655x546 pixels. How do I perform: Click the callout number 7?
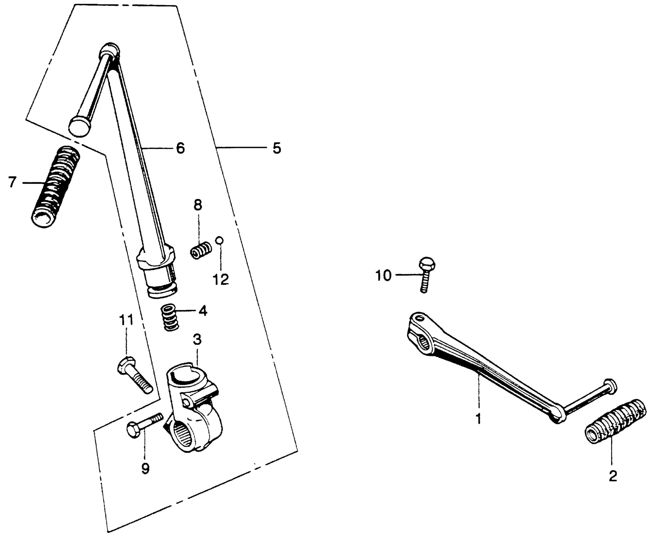click(x=12, y=182)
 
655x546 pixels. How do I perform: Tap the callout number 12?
click(x=221, y=279)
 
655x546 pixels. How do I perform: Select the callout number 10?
click(x=384, y=275)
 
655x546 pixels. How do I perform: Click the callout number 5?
click(x=276, y=148)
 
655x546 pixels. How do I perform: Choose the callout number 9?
click(x=145, y=469)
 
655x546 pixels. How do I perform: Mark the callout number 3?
click(x=197, y=339)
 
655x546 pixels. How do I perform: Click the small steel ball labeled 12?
click(x=219, y=240)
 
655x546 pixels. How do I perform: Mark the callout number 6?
click(x=180, y=148)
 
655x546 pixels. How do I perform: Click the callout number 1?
click(x=478, y=419)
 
